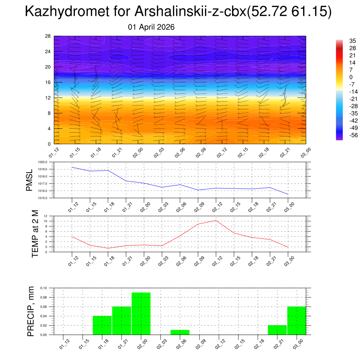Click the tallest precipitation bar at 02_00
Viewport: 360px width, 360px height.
pos(141,314)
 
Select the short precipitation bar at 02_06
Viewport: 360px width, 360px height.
pos(180,332)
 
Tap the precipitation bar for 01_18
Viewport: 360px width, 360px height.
pos(102,325)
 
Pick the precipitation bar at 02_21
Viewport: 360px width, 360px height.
pos(277,330)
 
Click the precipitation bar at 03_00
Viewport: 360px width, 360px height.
pos(297,321)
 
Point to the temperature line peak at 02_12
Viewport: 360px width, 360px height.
pos(216,220)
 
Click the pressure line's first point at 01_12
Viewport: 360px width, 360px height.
pos(72,167)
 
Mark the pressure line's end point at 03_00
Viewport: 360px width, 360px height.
pos(288,194)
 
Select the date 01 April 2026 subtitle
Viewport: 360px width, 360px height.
pos(151,27)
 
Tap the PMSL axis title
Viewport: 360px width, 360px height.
pos(29,180)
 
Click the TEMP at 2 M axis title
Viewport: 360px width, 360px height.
pos(35,234)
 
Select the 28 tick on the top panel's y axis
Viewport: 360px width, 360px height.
pos(48,36)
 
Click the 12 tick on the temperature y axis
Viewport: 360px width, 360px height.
pos(46,216)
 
